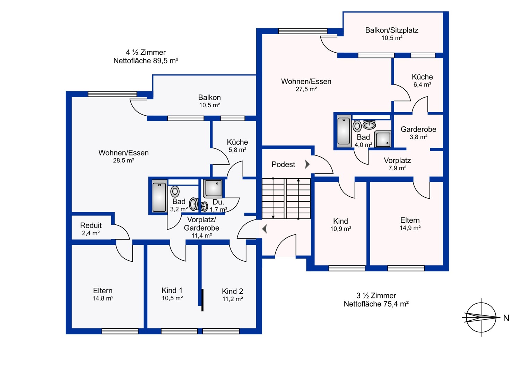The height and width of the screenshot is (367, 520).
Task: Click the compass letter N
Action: point(506,318)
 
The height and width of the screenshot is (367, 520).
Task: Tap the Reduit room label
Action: point(91,225)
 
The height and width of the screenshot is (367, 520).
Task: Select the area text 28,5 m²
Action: point(123,160)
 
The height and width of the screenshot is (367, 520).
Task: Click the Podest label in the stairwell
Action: point(283,164)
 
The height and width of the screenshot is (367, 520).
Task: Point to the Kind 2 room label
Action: point(232,291)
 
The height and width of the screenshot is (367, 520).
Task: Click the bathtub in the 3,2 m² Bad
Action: point(159,197)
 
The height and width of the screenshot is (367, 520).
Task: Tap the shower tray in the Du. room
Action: point(213,188)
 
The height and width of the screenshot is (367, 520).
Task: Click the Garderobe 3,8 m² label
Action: point(418,133)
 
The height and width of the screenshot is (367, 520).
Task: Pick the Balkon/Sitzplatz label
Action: point(392,30)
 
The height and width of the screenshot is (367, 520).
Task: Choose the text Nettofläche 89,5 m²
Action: point(146,61)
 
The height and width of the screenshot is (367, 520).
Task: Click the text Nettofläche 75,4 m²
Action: point(376,304)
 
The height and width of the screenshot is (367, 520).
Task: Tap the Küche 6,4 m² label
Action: point(422,80)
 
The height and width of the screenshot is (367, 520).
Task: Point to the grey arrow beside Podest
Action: point(307,164)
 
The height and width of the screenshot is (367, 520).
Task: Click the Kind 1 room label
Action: point(172,290)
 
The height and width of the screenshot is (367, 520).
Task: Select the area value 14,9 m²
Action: point(410,228)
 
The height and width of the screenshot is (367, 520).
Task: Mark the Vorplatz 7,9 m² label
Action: point(397,164)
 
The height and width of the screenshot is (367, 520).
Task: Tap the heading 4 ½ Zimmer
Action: point(146,52)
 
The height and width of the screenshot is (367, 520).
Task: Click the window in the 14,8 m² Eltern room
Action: point(120,331)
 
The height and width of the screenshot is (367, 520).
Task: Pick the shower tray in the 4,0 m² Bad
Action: point(383,139)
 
